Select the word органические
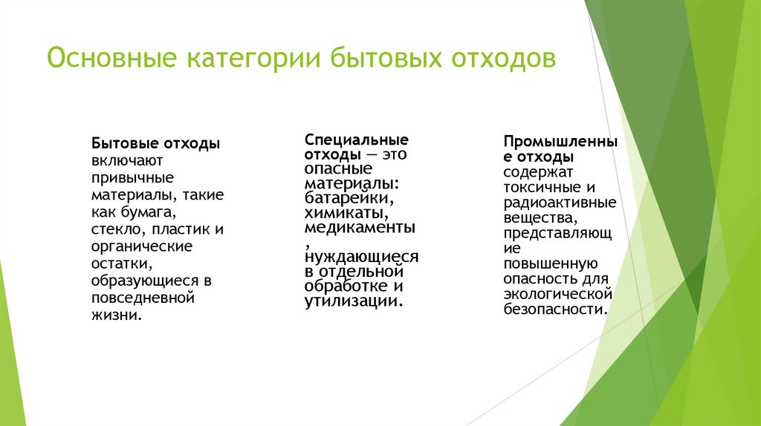tap(141, 246)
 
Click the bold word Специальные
tap(357, 140)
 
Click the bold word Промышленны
tap(560, 141)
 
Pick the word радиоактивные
tap(559, 203)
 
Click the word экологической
tap(556, 295)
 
